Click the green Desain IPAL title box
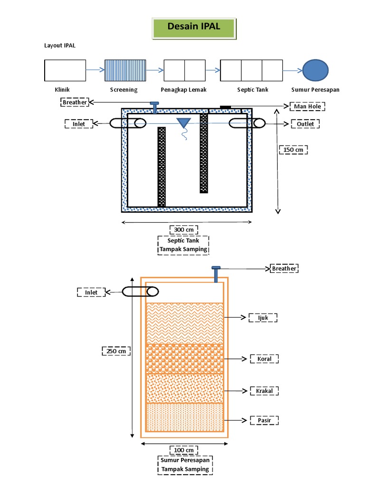point(193,28)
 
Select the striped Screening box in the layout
point(125,70)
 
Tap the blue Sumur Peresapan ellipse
point(316,70)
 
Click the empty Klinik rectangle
point(65,70)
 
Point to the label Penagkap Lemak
point(184,90)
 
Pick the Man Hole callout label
point(307,107)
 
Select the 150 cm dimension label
point(293,150)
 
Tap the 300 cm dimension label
point(183,230)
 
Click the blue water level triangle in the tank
point(183,123)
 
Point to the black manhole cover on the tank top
point(225,107)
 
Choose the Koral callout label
point(264,359)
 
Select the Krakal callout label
point(264,391)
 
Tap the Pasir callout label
point(264,421)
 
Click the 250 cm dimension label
point(116,351)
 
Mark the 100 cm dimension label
point(183,450)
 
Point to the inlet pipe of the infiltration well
point(135,292)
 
